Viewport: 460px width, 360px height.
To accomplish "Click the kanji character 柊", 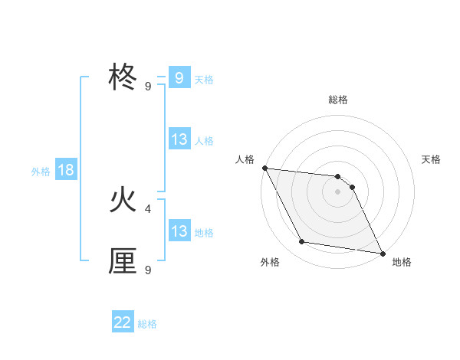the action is point(123,78).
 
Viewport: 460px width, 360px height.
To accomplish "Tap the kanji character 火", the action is point(123,200).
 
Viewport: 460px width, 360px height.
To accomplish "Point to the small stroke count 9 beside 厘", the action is point(148,270).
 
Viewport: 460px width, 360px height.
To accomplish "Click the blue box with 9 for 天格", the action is point(179,78).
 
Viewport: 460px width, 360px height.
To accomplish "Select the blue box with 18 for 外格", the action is point(66,170).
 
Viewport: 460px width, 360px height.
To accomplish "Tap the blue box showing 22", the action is point(123,322).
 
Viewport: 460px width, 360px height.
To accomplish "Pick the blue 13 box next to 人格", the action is point(179,139).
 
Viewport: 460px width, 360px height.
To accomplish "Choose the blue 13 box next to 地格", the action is point(179,231).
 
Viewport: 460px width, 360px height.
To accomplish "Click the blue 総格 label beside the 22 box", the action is point(147,324).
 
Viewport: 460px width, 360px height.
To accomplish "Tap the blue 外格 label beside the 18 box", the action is point(41,172).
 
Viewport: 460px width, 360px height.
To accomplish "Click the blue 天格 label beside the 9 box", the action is point(204,79).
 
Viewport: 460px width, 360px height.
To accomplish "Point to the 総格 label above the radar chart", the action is point(338,100).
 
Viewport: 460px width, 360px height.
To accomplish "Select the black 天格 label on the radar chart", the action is point(431,159).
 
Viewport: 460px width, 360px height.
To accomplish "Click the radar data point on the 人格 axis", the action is point(264,168).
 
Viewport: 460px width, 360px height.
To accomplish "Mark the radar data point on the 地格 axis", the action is point(381,253).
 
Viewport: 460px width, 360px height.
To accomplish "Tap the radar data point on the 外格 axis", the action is point(302,242).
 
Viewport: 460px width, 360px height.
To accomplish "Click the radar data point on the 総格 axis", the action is point(338,177).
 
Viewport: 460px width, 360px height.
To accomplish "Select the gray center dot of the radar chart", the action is point(338,191).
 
